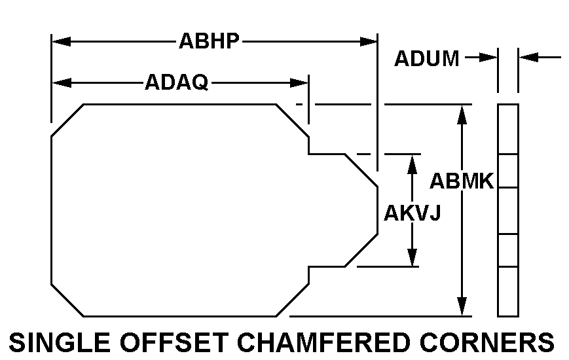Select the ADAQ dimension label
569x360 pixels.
[x=176, y=82]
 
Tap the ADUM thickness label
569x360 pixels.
[x=426, y=58]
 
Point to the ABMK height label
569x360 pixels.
[x=461, y=181]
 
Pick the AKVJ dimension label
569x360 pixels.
[x=412, y=213]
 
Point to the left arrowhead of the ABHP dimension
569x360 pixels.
[x=60, y=42]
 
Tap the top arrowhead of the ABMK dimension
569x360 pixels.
[x=462, y=113]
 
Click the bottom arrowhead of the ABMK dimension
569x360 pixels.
[x=462, y=306]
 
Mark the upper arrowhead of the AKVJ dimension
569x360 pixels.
[x=413, y=163]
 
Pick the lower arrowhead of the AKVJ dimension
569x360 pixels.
[x=413, y=258]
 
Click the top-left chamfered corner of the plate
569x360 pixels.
[x=67, y=120]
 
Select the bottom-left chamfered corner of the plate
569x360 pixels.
[x=67, y=300]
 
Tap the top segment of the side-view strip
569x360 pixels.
[x=508, y=129]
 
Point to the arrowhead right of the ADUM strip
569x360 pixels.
[x=528, y=58]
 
